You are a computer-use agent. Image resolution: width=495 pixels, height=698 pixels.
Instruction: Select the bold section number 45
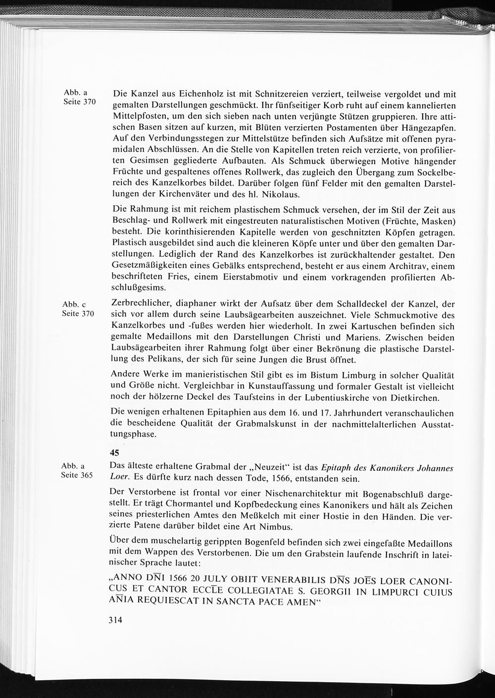click(114, 452)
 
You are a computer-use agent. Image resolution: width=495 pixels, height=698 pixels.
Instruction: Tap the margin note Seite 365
click(77, 475)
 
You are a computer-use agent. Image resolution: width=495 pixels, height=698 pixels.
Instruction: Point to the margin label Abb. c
click(74, 305)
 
